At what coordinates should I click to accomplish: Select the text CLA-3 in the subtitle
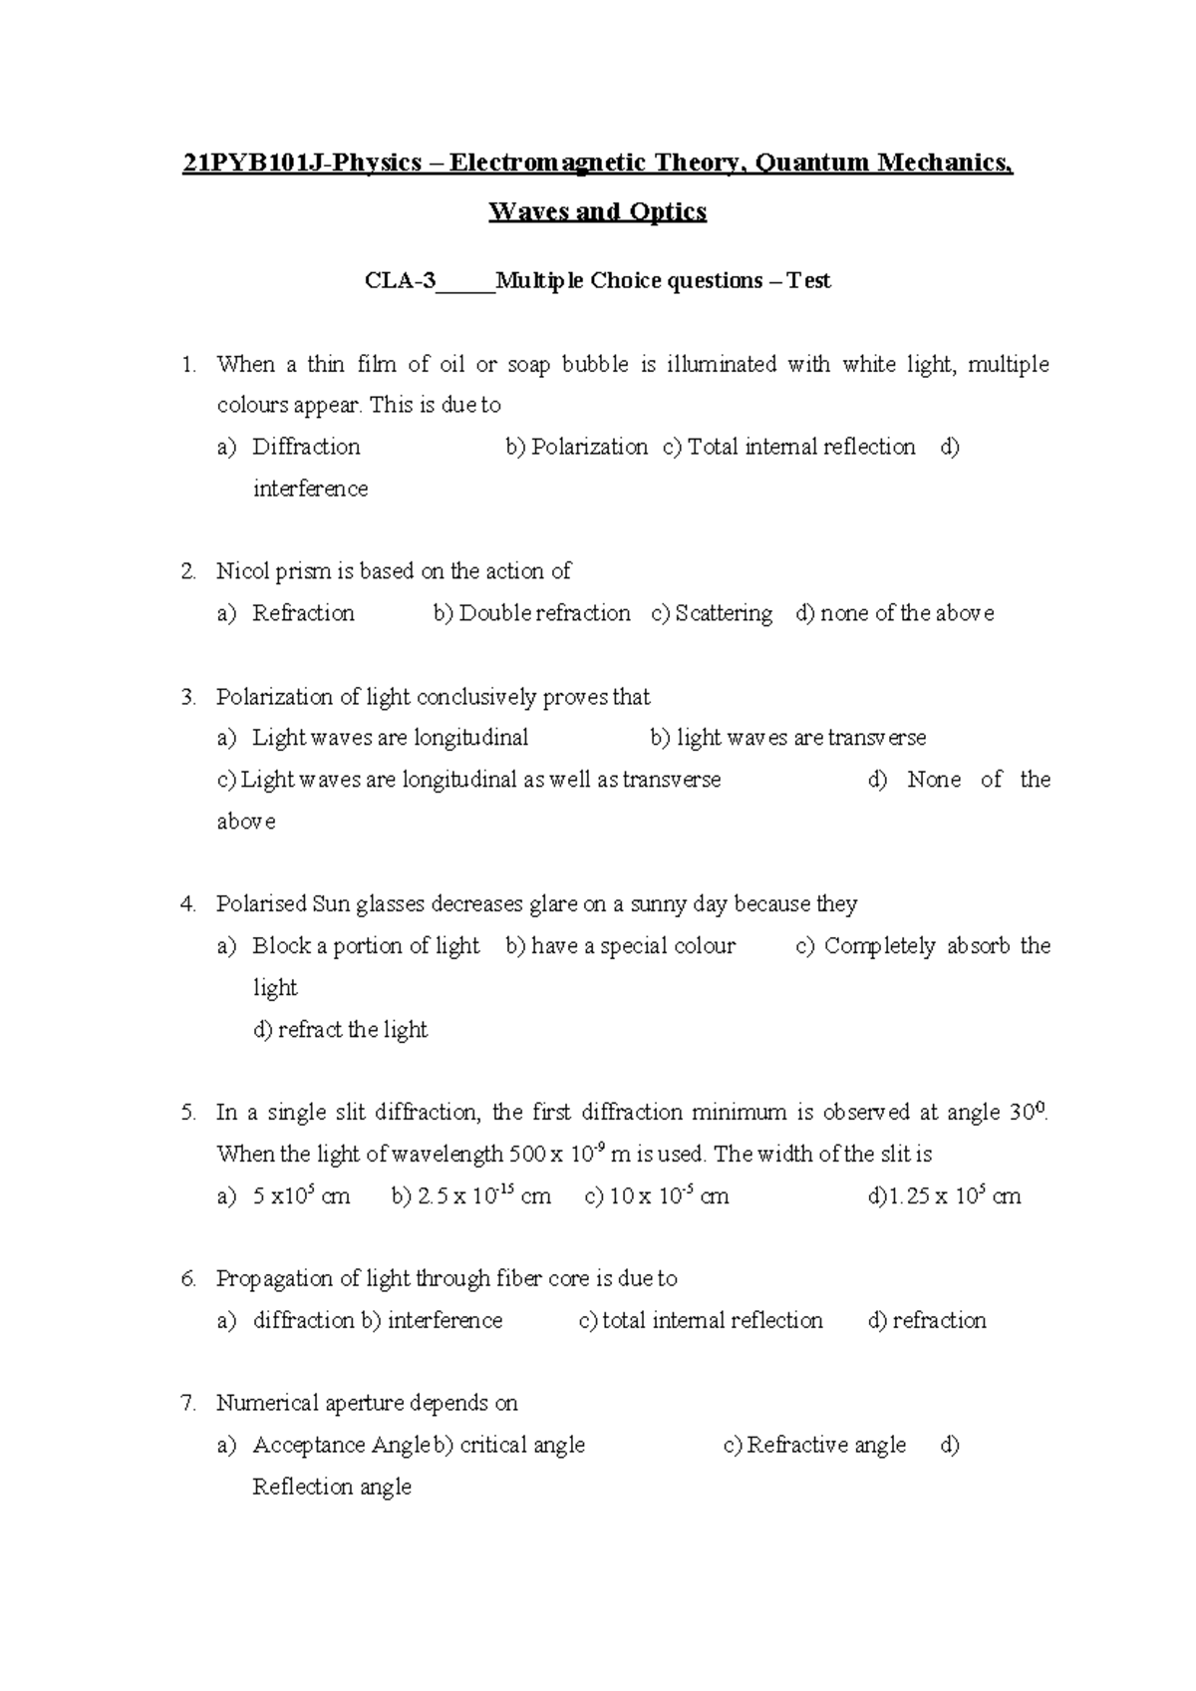pyautogui.click(x=401, y=281)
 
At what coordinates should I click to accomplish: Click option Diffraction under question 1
pyautogui.click(x=306, y=447)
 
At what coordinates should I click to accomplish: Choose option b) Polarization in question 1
pyautogui.click(x=577, y=447)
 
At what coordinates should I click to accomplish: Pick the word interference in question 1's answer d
pyautogui.click(x=310, y=489)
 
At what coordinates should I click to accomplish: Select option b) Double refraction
pyautogui.click(x=532, y=613)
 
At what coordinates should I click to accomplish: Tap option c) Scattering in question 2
pyautogui.click(x=712, y=613)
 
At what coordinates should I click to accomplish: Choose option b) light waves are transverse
pyautogui.click(x=788, y=738)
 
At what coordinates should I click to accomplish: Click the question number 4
pyautogui.click(x=188, y=904)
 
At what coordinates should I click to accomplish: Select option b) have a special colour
pyautogui.click(x=621, y=946)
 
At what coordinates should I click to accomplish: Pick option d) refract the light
pyautogui.click(x=341, y=1030)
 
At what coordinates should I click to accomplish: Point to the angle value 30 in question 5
pyautogui.click(x=1021, y=1113)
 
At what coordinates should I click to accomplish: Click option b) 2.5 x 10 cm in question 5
pyautogui.click(x=471, y=1196)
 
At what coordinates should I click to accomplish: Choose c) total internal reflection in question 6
pyautogui.click(x=701, y=1321)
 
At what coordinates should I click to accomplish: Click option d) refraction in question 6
pyautogui.click(x=927, y=1321)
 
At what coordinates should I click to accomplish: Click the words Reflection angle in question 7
pyautogui.click(x=332, y=1488)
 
